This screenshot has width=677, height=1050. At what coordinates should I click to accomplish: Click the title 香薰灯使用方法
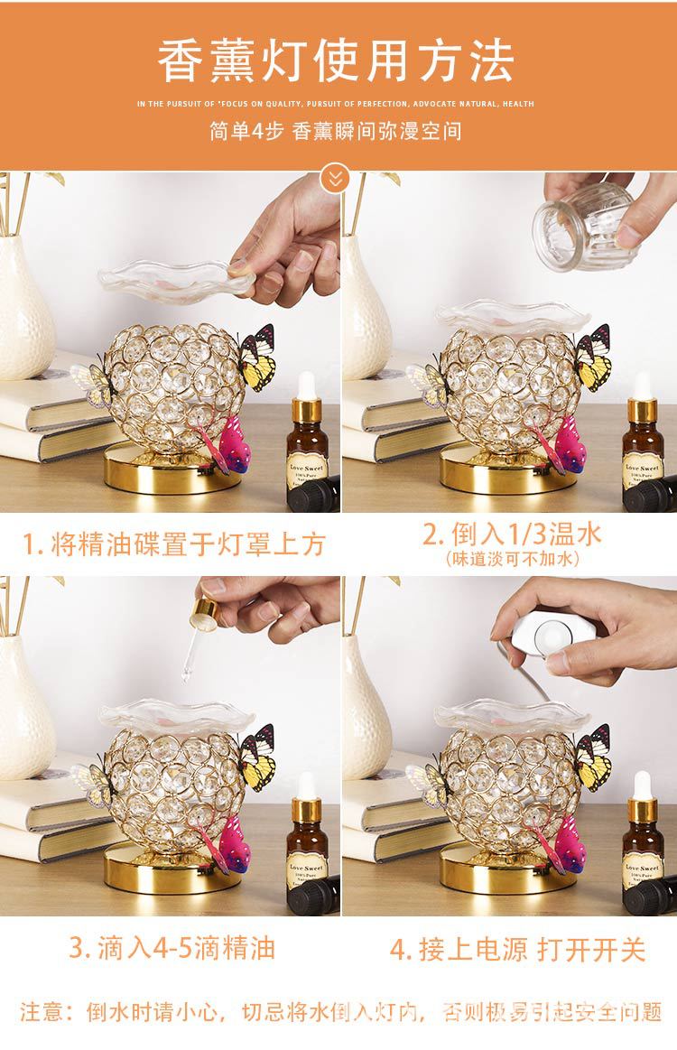tap(336, 60)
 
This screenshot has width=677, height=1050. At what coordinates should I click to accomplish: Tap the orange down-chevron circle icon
tap(337, 178)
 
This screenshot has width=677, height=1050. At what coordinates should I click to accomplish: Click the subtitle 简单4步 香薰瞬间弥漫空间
tap(335, 131)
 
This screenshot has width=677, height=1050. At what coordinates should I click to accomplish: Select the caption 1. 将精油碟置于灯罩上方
tap(173, 544)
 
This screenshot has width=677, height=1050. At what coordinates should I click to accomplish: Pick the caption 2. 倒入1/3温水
tap(512, 534)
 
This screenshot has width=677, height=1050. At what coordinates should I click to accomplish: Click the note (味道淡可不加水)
tap(512, 560)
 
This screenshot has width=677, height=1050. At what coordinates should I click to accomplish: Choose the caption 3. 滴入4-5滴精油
tap(172, 948)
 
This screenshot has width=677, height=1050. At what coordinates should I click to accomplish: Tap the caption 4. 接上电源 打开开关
tap(518, 949)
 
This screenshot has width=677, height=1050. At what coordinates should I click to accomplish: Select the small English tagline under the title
tap(336, 104)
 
